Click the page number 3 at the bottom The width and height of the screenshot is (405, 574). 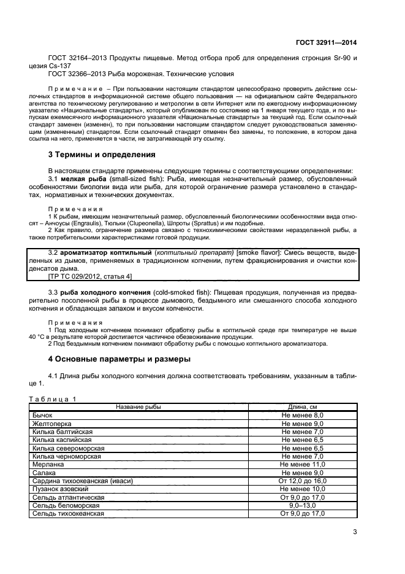pyautogui.click(x=355, y=532)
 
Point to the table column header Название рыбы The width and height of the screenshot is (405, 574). pyautogui.click(x=139, y=407)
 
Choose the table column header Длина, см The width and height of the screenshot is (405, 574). pyautogui.click(x=302, y=407)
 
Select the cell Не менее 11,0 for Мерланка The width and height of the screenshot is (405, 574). pyautogui.click(x=302, y=465)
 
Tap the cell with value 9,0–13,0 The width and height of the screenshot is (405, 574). pyautogui.click(x=302, y=505)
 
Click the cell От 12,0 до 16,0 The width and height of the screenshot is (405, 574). pyautogui.click(x=302, y=481)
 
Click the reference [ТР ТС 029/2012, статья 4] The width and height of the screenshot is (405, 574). pyautogui.click(x=90, y=276)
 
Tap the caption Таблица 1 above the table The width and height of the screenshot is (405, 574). pyautogui.click(x=53, y=398)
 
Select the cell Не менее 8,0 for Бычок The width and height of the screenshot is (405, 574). pyautogui.click(x=302, y=416)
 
